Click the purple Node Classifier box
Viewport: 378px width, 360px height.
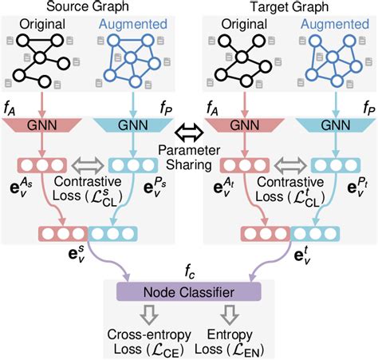tap(189, 291)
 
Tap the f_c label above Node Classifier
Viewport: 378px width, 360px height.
tap(189, 270)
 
